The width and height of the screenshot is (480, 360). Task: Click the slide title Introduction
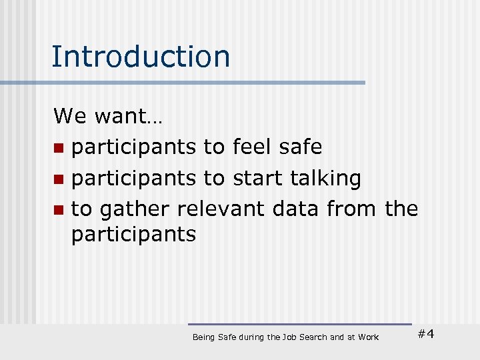141,57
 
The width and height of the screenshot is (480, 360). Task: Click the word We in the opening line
70,117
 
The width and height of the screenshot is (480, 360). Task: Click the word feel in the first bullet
253,146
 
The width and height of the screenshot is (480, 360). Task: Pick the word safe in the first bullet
302,146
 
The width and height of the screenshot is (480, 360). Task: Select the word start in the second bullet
257,178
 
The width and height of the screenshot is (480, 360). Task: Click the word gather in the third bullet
135,210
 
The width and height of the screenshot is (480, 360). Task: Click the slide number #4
425,334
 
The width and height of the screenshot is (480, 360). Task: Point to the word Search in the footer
314,337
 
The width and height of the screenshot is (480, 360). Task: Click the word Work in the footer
368,337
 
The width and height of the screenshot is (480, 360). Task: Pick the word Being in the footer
203,338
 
